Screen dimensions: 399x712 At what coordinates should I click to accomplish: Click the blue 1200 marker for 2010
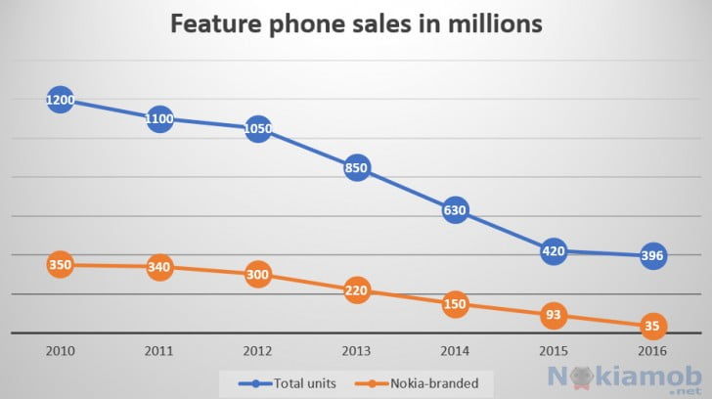(60, 100)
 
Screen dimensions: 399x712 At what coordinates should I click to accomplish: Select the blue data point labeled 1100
(159, 119)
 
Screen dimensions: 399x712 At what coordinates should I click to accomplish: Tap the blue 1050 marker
(258, 128)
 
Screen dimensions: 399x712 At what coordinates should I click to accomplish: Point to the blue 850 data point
(357, 168)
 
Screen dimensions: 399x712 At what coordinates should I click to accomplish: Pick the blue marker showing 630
(455, 209)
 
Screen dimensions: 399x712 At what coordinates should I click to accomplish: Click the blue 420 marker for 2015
(554, 249)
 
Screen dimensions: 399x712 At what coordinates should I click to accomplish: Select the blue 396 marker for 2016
(652, 256)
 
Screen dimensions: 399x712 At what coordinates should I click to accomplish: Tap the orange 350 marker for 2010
(60, 265)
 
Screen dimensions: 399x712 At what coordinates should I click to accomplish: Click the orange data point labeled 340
(159, 267)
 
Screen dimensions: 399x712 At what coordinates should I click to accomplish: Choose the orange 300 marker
(258, 275)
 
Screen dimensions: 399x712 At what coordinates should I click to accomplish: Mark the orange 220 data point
(357, 290)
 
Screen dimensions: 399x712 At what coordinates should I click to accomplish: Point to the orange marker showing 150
(455, 304)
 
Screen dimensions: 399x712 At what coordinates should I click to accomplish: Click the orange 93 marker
(554, 315)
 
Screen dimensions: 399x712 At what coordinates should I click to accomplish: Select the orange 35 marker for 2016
(652, 326)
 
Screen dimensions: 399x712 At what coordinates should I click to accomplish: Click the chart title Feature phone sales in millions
(356, 24)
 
